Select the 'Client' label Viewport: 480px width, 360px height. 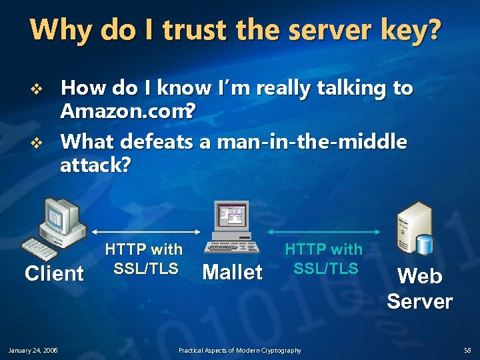coord(54,273)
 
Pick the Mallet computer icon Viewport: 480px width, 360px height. coord(232,227)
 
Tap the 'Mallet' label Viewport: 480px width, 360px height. coord(232,272)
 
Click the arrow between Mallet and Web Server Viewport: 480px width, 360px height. coord(324,232)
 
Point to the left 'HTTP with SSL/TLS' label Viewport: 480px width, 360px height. coord(144,259)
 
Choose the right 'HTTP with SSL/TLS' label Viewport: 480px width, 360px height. coord(324,259)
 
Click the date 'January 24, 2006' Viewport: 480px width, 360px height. coord(33,350)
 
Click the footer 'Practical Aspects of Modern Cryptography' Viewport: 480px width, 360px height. coord(239,350)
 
